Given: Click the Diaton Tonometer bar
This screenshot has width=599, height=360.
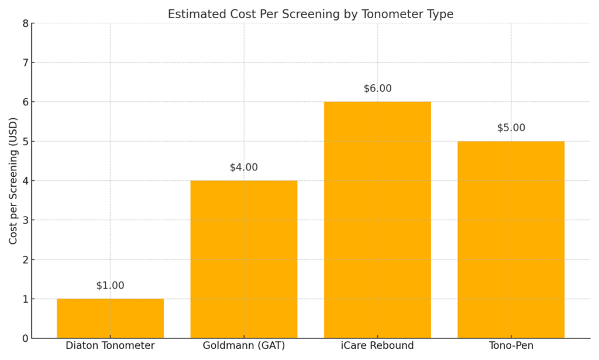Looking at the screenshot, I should pos(110,318).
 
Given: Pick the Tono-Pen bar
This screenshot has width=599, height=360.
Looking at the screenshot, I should pos(511,239).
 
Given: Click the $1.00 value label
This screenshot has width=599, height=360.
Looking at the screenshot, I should pos(110,286).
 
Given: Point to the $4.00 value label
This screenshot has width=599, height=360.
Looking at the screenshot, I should pos(244,167).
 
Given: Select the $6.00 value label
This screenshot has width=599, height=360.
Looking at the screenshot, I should pos(377,88).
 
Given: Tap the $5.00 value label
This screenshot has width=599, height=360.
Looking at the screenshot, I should pos(511,128).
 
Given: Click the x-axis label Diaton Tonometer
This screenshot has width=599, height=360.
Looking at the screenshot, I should pos(110,346).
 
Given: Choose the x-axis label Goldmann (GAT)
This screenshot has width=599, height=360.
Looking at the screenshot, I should pos(244,346).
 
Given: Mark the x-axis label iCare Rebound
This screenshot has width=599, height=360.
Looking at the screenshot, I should pos(377,346).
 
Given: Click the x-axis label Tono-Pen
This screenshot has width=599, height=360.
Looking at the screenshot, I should pos(511,346).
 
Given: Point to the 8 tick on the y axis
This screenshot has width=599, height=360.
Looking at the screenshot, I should pos(25,23).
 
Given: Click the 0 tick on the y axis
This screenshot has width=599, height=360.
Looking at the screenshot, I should pos(25,338).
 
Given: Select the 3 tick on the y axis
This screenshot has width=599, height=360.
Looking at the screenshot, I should pos(25,220).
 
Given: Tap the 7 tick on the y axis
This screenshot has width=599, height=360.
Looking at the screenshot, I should pos(25,63).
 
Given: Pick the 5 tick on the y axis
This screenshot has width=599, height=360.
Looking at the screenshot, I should pos(25,142).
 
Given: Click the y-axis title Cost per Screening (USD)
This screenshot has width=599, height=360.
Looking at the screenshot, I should pos(12,181).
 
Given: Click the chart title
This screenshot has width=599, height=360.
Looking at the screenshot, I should pos(311,14).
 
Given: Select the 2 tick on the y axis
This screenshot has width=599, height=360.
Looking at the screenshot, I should pos(25,259).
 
